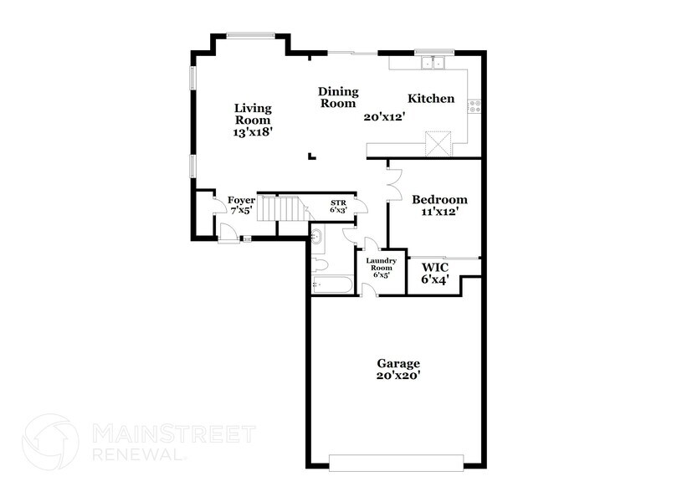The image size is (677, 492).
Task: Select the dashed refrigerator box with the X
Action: click(x=438, y=143)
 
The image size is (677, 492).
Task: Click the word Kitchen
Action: click(x=431, y=99)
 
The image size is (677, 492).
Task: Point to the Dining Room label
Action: click(x=338, y=97)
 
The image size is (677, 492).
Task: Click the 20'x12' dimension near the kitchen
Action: click(x=384, y=117)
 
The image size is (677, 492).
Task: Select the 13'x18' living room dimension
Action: click(x=253, y=132)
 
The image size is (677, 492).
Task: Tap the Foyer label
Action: click(x=241, y=201)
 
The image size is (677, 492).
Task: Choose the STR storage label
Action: click(x=338, y=202)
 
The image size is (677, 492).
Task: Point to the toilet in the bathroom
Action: click(x=319, y=265)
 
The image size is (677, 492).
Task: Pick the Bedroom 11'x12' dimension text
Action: click(x=439, y=212)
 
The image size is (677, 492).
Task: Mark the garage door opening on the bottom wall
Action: click(x=397, y=463)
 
